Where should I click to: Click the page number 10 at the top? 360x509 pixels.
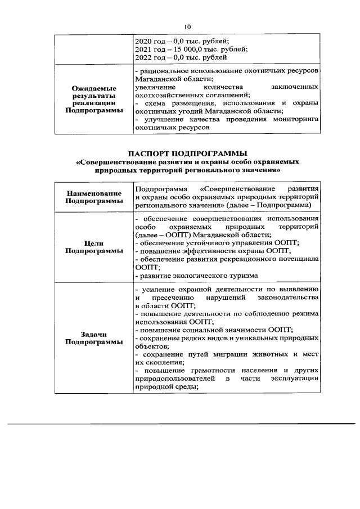click(188, 26)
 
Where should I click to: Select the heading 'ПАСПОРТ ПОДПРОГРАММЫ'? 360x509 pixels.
click(187, 154)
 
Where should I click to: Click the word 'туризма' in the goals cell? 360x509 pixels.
click(244, 275)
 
